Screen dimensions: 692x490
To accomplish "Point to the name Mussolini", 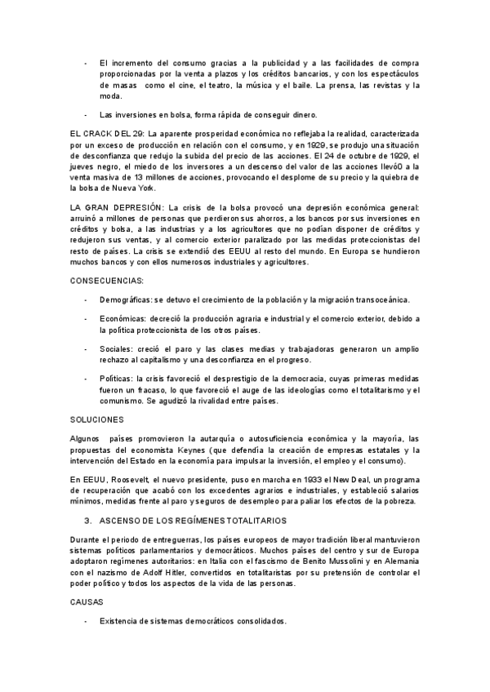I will (317, 561).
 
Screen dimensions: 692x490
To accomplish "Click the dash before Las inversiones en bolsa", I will (87, 113).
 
